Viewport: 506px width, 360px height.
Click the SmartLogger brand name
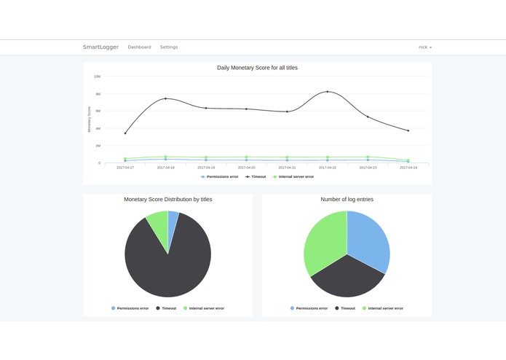tap(100, 47)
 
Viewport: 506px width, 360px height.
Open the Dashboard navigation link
tap(139, 47)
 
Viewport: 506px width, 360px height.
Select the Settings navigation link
tap(169, 47)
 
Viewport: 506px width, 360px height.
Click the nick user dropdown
tap(424, 47)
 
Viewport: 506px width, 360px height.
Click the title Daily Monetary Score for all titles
tap(257, 68)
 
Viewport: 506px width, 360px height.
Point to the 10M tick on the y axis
tap(97, 77)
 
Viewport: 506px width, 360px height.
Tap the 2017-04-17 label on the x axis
tap(125, 168)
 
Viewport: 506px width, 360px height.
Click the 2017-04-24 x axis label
tap(408, 168)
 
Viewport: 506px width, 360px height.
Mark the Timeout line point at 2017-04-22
tap(328, 92)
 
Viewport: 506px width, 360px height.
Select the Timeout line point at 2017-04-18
tap(165, 98)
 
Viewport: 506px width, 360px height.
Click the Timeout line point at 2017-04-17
tap(125, 133)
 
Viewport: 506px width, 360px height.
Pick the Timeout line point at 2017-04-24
tap(408, 130)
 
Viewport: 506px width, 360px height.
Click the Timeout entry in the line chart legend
tap(256, 176)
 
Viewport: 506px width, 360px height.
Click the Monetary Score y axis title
tap(90, 119)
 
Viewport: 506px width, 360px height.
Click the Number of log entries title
tap(347, 199)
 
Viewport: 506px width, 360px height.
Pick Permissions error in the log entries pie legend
tap(309, 308)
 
